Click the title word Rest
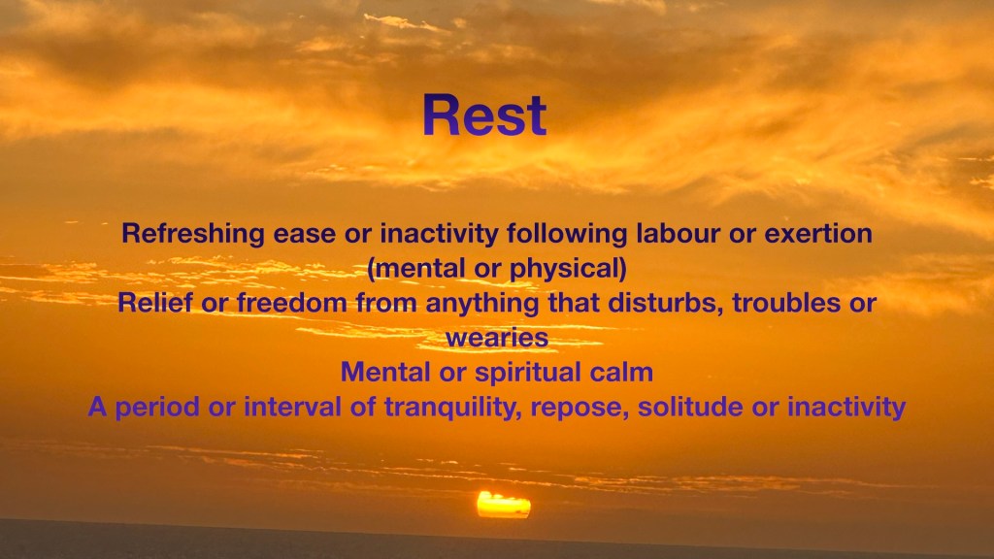coord(484,115)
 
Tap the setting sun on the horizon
coord(504,505)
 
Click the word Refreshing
coord(193,234)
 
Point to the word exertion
coord(818,234)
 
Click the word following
coord(567,234)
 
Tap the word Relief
coord(154,303)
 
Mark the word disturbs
coord(666,303)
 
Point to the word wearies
coord(497,338)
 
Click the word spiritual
coord(528,373)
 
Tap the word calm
coord(621,372)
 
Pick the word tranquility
coord(453,408)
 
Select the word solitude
coord(690,407)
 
